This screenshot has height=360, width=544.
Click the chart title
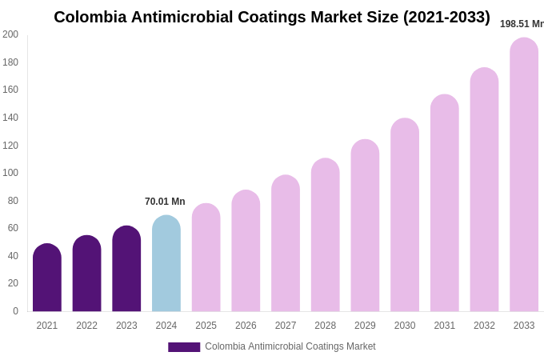tap(272, 17)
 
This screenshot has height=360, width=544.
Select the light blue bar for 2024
tap(166, 264)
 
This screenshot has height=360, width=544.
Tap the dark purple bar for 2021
tap(47, 278)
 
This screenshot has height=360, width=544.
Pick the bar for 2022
tap(86, 274)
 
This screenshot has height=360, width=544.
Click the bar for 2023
tap(126, 269)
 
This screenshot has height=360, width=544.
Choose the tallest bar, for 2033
tap(524, 176)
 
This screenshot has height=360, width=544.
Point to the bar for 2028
tap(325, 236)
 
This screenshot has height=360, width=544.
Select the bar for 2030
tap(405, 216)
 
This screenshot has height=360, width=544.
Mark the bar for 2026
tap(246, 251)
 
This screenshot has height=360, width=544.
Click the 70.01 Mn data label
tap(165, 202)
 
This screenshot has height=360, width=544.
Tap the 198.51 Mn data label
tap(522, 24)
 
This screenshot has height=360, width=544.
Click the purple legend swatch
tap(184, 346)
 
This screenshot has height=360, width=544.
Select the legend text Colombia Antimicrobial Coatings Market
tap(290, 346)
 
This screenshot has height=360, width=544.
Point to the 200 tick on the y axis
tap(10, 34)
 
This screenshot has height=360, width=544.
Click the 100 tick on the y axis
tap(10, 173)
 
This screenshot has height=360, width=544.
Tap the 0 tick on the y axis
tap(15, 311)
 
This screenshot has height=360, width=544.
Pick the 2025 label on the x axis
tap(206, 326)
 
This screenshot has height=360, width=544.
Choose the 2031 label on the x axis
tap(444, 326)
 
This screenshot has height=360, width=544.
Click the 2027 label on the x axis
tap(286, 326)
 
